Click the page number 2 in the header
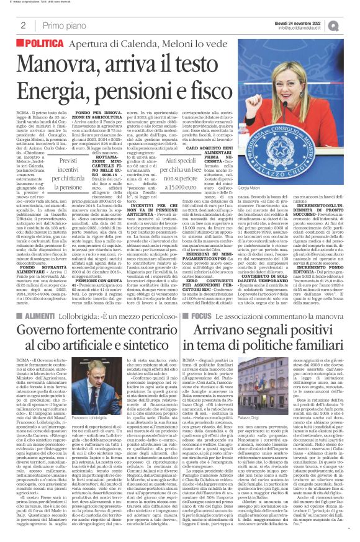(x=22, y=25)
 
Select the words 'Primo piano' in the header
(x=61, y=25)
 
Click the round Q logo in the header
(x=351, y=24)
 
